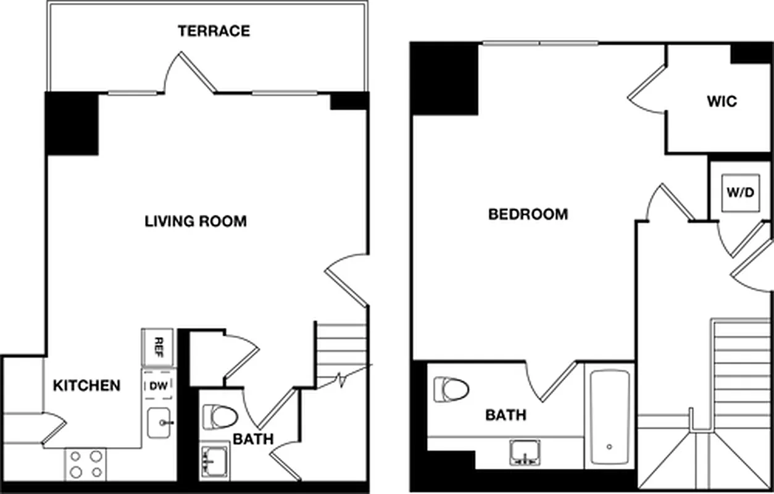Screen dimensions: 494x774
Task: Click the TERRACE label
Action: click(214, 31)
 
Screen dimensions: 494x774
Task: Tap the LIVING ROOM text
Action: click(196, 221)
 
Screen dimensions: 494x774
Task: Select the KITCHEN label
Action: click(86, 386)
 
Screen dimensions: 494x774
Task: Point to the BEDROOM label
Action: click(528, 215)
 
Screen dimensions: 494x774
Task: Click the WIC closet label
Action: click(722, 101)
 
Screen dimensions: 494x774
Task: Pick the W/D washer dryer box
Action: click(740, 192)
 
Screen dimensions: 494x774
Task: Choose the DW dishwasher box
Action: click(157, 386)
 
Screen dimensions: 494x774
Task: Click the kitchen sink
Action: click(159, 423)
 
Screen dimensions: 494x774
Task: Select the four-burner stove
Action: click(86, 464)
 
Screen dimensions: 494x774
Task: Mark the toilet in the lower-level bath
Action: click(220, 416)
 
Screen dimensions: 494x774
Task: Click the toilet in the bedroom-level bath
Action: click(451, 390)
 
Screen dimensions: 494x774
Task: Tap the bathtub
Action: click(609, 417)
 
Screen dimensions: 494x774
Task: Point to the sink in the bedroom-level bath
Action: click(525, 453)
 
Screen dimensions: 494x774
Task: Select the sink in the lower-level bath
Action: click(214, 461)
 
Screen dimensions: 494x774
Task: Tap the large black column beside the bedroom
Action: click(444, 78)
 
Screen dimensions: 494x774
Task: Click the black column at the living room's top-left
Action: click(72, 124)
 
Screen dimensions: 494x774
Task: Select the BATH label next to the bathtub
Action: click(506, 415)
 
